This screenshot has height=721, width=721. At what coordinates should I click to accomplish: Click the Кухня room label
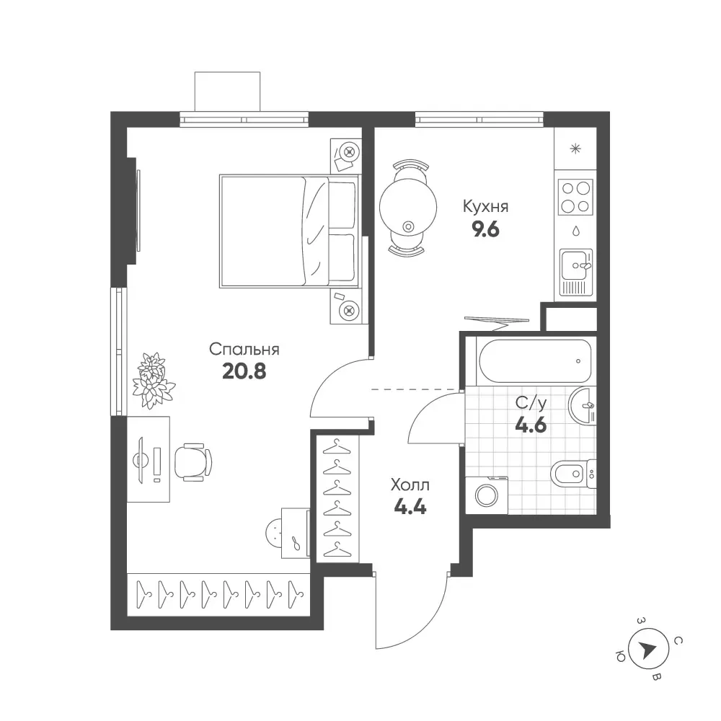(485, 206)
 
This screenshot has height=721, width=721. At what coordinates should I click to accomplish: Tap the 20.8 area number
(244, 371)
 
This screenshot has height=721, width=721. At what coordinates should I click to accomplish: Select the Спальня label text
(244, 350)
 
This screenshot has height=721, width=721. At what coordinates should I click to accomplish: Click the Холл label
(410, 485)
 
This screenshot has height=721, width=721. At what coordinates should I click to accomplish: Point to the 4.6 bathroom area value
(531, 425)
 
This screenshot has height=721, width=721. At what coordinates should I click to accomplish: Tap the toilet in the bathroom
(573, 474)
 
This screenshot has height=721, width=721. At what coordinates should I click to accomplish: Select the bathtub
(535, 361)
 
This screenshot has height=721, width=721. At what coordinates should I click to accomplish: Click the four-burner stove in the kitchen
(575, 197)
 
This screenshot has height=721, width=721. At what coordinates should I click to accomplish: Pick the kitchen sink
(575, 272)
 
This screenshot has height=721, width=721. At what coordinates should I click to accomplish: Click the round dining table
(408, 208)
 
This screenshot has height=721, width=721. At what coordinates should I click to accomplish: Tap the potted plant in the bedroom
(153, 380)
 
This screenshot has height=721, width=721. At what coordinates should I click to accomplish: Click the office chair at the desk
(193, 462)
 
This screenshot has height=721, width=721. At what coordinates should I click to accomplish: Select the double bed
(289, 231)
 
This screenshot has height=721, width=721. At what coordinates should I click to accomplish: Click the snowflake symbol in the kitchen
(575, 149)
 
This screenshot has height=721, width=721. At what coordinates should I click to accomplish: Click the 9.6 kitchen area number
(486, 229)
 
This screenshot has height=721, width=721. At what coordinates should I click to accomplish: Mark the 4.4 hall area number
(410, 507)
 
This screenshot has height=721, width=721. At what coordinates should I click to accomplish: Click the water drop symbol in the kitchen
(575, 231)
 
